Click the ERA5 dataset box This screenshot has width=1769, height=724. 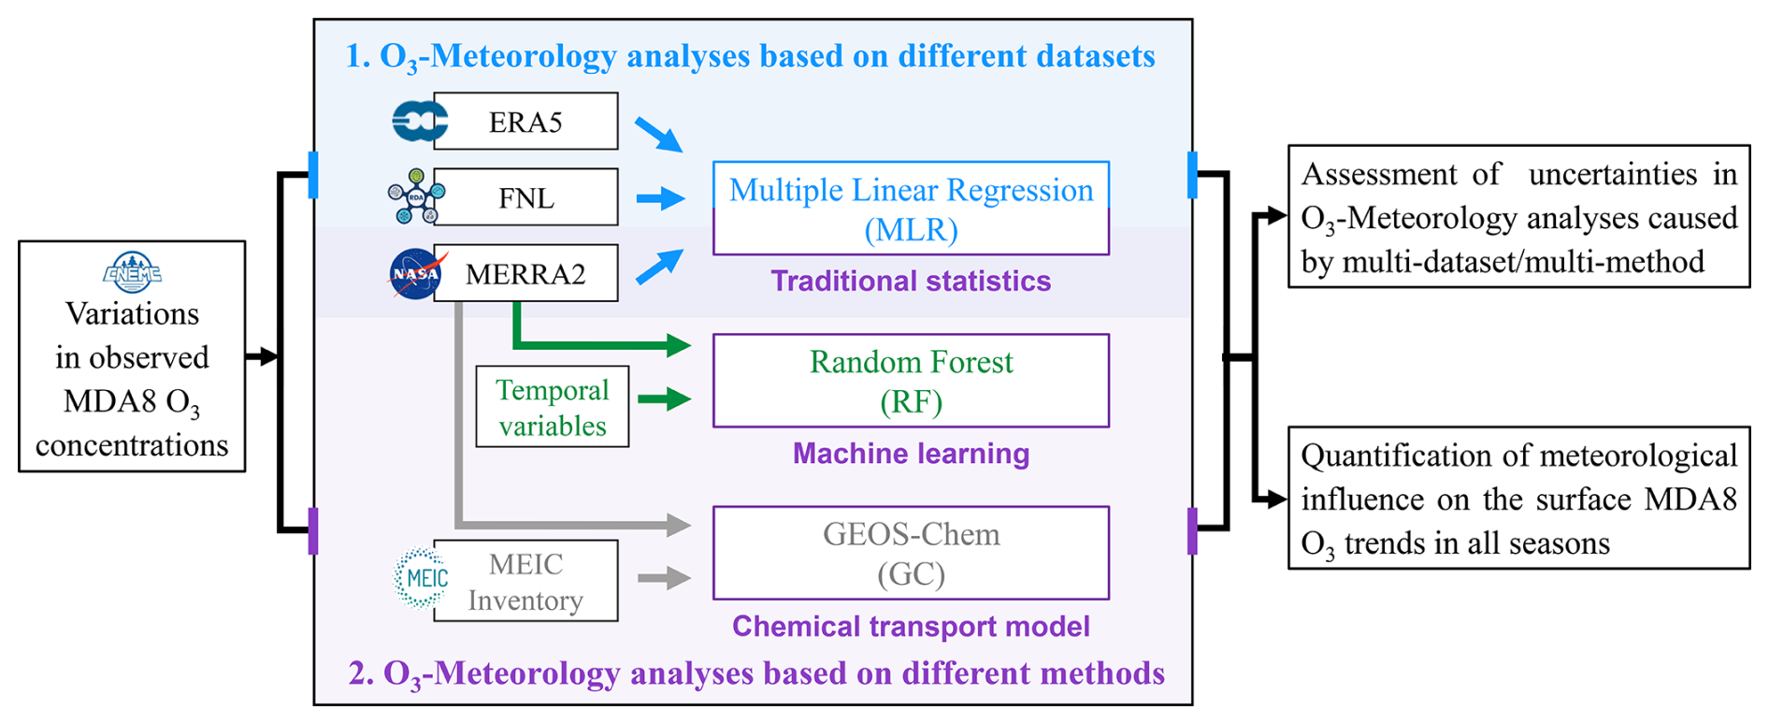tap(525, 122)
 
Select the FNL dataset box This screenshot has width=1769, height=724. tap(525, 197)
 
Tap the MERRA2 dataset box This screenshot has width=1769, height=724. tap(525, 273)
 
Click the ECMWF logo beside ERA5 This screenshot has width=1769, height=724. tap(418, 122)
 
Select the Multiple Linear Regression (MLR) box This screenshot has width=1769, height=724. tap(911, 208)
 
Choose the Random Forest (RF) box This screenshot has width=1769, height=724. tap(911, 381)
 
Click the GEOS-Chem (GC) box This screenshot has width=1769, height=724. tap(911, 553)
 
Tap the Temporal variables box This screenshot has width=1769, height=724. tap(552, 407)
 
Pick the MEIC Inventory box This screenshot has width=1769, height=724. tap(525, 581)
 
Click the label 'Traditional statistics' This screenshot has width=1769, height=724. tap(911, 281)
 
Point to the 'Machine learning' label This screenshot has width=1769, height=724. tap(911, 454)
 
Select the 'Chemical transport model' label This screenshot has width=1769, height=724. tap(911, 626)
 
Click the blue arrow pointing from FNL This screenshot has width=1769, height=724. tap(660, 198)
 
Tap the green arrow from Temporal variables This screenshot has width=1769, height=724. tap(664, 399)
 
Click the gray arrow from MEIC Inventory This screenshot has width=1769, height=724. tap(664, 578)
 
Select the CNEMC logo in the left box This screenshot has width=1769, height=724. tap(132, 271)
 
